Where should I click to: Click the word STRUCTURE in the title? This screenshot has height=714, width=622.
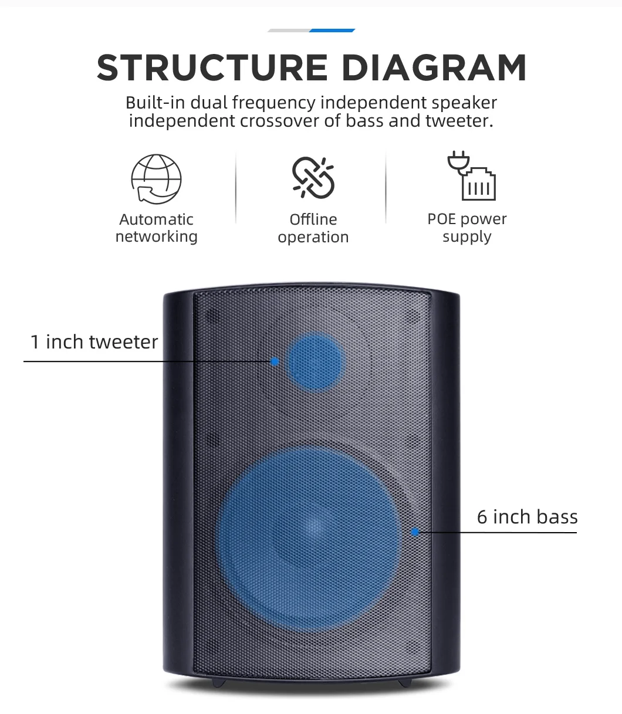coord(212,68)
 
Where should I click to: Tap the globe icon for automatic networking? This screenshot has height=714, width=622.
coord(156,179)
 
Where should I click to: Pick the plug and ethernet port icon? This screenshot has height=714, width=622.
coord(472,177)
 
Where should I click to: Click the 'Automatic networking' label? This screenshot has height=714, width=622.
coord(156,228)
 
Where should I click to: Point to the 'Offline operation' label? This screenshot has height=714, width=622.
coord(313,228)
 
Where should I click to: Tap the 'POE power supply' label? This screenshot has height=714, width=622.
coord(467,228)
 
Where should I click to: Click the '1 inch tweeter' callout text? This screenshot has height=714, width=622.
coord(94,342)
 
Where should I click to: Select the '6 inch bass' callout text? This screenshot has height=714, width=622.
coord(527,517)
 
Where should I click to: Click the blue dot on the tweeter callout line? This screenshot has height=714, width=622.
coord(275,361)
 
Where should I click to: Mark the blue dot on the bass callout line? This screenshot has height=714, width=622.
coord(415,532)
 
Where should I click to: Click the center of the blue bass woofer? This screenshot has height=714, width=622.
coord(309,532)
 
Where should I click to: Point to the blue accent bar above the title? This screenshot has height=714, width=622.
coord(332,30)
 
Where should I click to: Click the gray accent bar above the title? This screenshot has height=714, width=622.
coord(289,30)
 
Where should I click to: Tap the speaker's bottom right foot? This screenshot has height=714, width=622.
coord(404,683)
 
